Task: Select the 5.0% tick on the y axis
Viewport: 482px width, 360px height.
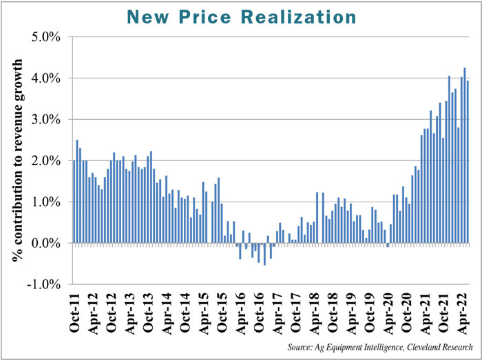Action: coord(48,36)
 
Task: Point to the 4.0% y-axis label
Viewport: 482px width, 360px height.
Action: coord(48,78)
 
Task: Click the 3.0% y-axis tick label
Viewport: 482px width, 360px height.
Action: coord(48,119)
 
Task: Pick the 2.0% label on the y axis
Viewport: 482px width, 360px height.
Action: coord(48,160)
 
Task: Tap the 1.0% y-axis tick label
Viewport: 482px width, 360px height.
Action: coord(48,202)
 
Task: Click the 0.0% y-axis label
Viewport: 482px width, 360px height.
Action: coord(48,243)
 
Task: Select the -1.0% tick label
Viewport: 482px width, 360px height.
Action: coord(45,284)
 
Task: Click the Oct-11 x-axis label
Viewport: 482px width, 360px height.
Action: coord(75,313)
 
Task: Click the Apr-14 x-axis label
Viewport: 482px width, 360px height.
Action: coord(166,313)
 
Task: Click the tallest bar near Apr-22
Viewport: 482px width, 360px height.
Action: coord(465,156)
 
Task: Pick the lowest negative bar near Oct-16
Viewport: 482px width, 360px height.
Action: coord(264,254)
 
